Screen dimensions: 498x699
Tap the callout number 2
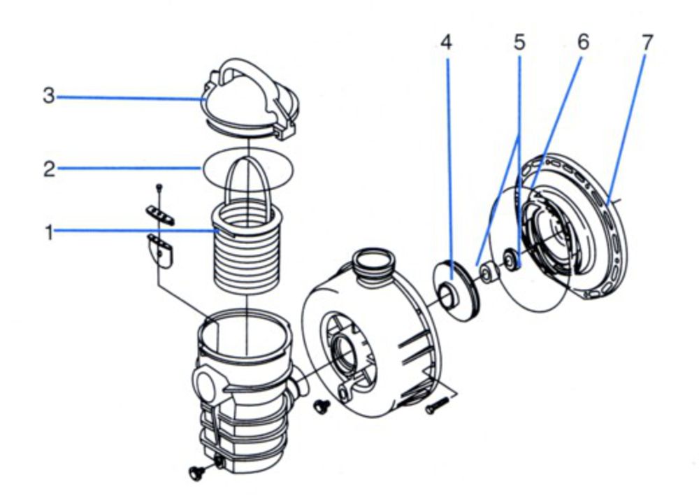[x=49, y=169]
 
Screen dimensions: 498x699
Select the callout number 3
[x=48, y=97]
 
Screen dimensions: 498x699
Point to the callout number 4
[x=446, y=43]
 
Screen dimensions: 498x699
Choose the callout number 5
[x=519, y=43]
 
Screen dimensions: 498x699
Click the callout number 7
[x=647, y=43]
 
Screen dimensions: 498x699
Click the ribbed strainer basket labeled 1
[x=248, y=252]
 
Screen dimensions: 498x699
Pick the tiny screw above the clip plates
[x=160, y=187]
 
